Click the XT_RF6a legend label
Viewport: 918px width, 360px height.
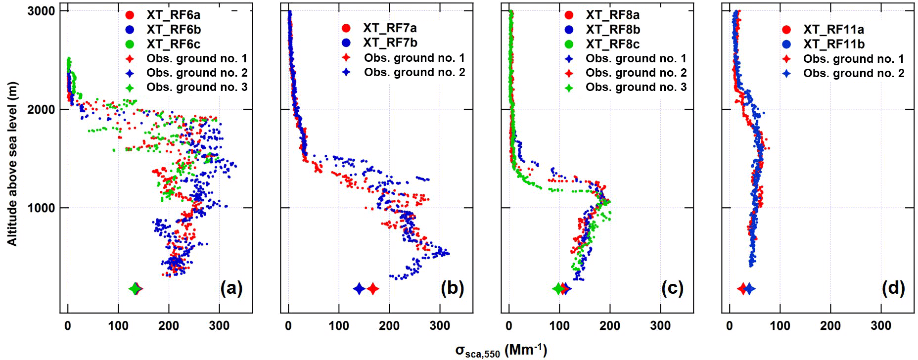point(173,15)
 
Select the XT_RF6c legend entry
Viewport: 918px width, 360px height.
point(173,44)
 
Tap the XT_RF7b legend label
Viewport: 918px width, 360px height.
point(390,43)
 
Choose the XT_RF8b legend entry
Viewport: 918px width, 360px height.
point(613,30)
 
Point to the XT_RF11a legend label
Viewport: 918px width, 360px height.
point(833,30)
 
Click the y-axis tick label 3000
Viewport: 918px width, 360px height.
point(40,11)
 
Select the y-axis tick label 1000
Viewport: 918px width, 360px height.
point(40,208)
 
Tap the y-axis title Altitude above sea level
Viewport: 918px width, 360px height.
point(12,163)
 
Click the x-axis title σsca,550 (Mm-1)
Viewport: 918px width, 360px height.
point(501,351)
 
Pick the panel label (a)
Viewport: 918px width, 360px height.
point(231,288)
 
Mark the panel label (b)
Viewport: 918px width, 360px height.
point(452,288)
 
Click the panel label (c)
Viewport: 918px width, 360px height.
point(672,288)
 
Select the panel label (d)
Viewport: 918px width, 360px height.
point(893,288)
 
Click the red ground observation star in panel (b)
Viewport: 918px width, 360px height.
point(373,289)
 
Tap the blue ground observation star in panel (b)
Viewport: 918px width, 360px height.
point(359,289)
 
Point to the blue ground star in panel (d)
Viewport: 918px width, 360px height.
point(749,289)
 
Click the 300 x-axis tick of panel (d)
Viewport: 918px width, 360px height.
point(881,326)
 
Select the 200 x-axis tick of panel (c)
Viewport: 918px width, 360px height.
point(610,326)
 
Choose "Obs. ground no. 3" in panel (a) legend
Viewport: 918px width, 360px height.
point(197,88)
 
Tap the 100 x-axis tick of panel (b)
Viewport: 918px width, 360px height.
point(339,326)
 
